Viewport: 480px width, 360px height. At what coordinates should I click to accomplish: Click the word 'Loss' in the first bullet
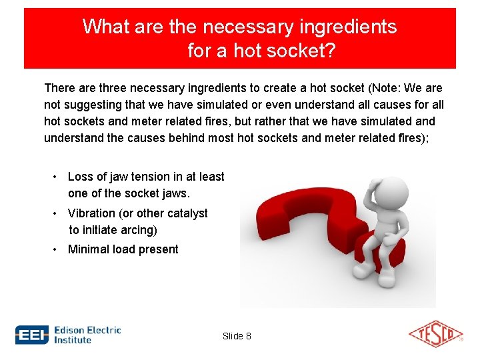(x=80, y=177)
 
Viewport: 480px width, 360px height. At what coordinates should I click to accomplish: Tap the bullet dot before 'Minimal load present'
(x=56, y=249)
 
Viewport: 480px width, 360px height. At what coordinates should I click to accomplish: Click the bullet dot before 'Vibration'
(x=56, y=213)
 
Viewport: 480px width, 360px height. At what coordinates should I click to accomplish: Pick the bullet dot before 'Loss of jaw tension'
(x=56, y=177)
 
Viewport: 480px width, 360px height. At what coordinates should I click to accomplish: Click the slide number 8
(x=248, y=336)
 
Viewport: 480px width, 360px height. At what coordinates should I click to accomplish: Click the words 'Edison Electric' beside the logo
(x=87, y=329)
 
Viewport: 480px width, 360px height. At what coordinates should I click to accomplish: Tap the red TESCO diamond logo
(x=435, y=334)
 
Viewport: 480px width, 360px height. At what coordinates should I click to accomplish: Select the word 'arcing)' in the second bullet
(x=139, y=230)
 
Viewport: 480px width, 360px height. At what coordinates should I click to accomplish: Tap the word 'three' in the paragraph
(x=115, y=88)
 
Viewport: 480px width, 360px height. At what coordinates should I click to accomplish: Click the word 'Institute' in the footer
(x=73, y=340)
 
